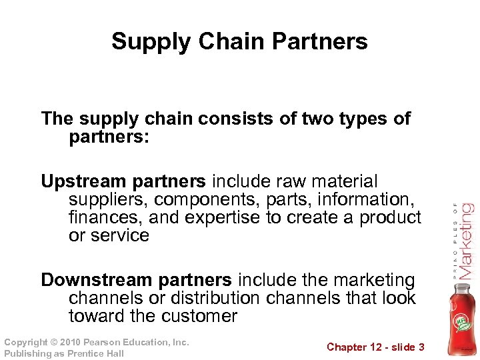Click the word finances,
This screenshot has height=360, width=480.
[105, 217]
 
